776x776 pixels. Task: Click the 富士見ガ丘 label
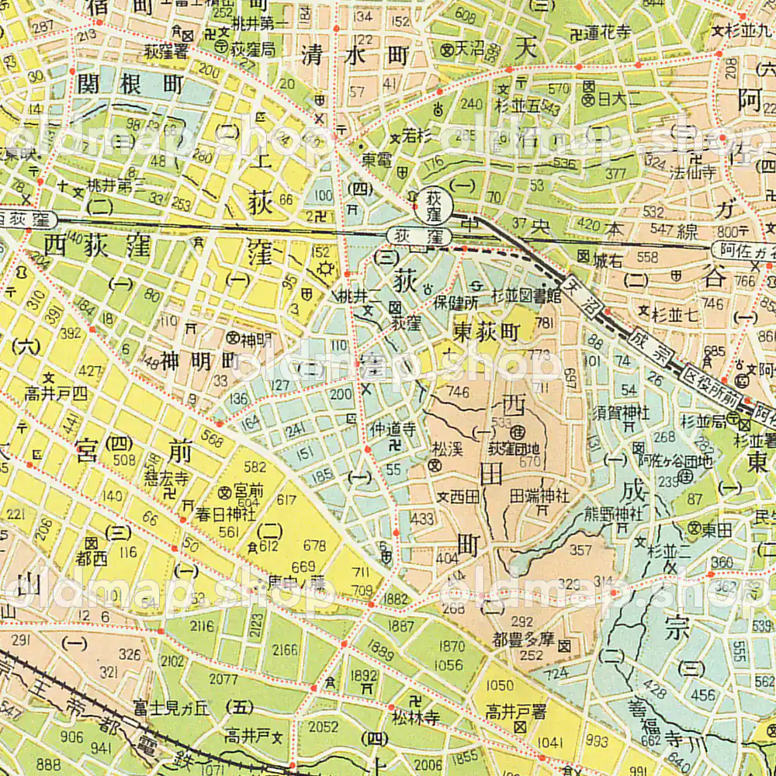pyautogui.click(x=171, y=707)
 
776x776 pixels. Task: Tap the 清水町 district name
pyautogui.click(x=355, y=56)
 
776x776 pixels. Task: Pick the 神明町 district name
pyautogui.click(x=197, y=360)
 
